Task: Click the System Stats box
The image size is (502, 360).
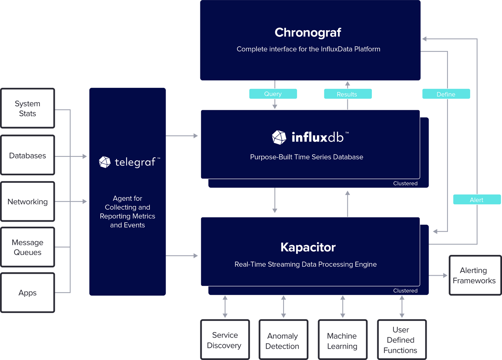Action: pyautogui.click(x=27, y=108)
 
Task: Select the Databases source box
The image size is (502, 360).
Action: pyautogui.click(x=27, y=155)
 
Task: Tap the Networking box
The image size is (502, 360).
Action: pyautogui.click(x=27, y=202)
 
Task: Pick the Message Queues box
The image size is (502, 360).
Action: pyautogui.click(x=27, y=247)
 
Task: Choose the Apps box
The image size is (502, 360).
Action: pyautogui.click(x=27, y=293)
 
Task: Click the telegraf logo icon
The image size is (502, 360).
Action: pyautogui.click(x=105, y=162)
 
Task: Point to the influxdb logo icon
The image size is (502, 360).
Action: pyautogui.click(x=279, y=137)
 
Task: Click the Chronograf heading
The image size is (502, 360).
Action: pyautogui.click(x=308, y=32)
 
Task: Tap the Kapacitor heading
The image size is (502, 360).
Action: pyautogui.click(x=308, y=247)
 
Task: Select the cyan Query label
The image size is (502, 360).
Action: pyautogui.click(x=273, y=94)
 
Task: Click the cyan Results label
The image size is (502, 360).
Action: pyautogui.click(x=347, y=94)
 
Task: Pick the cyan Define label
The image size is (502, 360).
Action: pyautogui.click(x=446, y=94)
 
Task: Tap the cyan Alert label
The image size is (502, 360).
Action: pyautogui.click(x=477, y=200)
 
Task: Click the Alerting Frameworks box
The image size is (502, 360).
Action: pyautogui.click(x=474, y=275)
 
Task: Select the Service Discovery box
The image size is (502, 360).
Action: pyautogui.click(x=224, y=340)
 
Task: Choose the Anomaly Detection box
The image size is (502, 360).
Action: pyautogui.click(x=282, y=341)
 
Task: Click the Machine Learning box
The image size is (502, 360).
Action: pyautogui.click(x=342, y=341)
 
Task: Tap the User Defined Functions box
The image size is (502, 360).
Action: pyautogui.click(x=400, y=340)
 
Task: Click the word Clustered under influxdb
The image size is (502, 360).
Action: pyautogui.click(x=405, y=184)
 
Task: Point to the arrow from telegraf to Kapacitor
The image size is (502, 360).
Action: pyautogui.click(x=183, y=256)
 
